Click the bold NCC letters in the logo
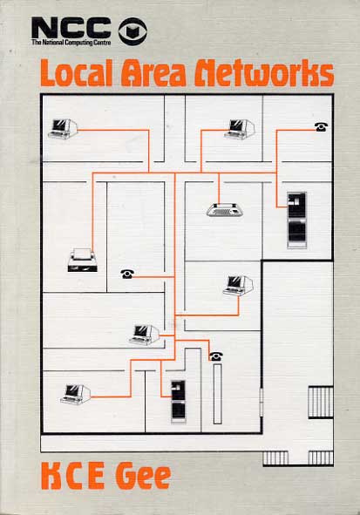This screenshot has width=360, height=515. click(71, 28)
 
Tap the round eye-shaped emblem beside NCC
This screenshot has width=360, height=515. click(132, 31)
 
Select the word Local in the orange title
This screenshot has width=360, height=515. click(78, 73)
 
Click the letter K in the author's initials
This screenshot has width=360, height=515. click(52, 477)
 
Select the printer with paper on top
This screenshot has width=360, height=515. click(83, 260)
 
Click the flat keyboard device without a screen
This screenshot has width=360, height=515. click(225, 209)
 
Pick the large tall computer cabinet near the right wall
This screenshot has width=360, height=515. click(297, 220)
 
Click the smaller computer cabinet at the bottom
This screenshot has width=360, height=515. click(179, 402)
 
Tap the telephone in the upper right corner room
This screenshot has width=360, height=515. click(321, 126)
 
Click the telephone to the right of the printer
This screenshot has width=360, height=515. click(127, 274)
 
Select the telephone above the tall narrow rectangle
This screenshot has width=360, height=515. click(216, 356)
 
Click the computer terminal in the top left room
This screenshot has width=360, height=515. click(63, 129)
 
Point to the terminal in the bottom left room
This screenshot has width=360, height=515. click(76, 394)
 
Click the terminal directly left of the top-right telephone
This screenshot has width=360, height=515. click(240, 129)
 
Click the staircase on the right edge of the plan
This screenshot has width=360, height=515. click(321, 402)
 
